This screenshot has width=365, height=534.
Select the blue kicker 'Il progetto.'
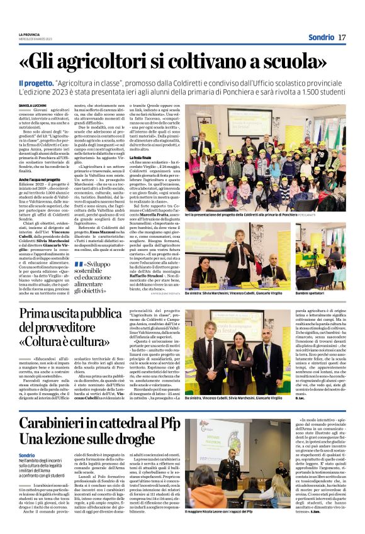coord(36,83)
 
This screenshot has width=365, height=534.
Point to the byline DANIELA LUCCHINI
coord(33,105)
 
